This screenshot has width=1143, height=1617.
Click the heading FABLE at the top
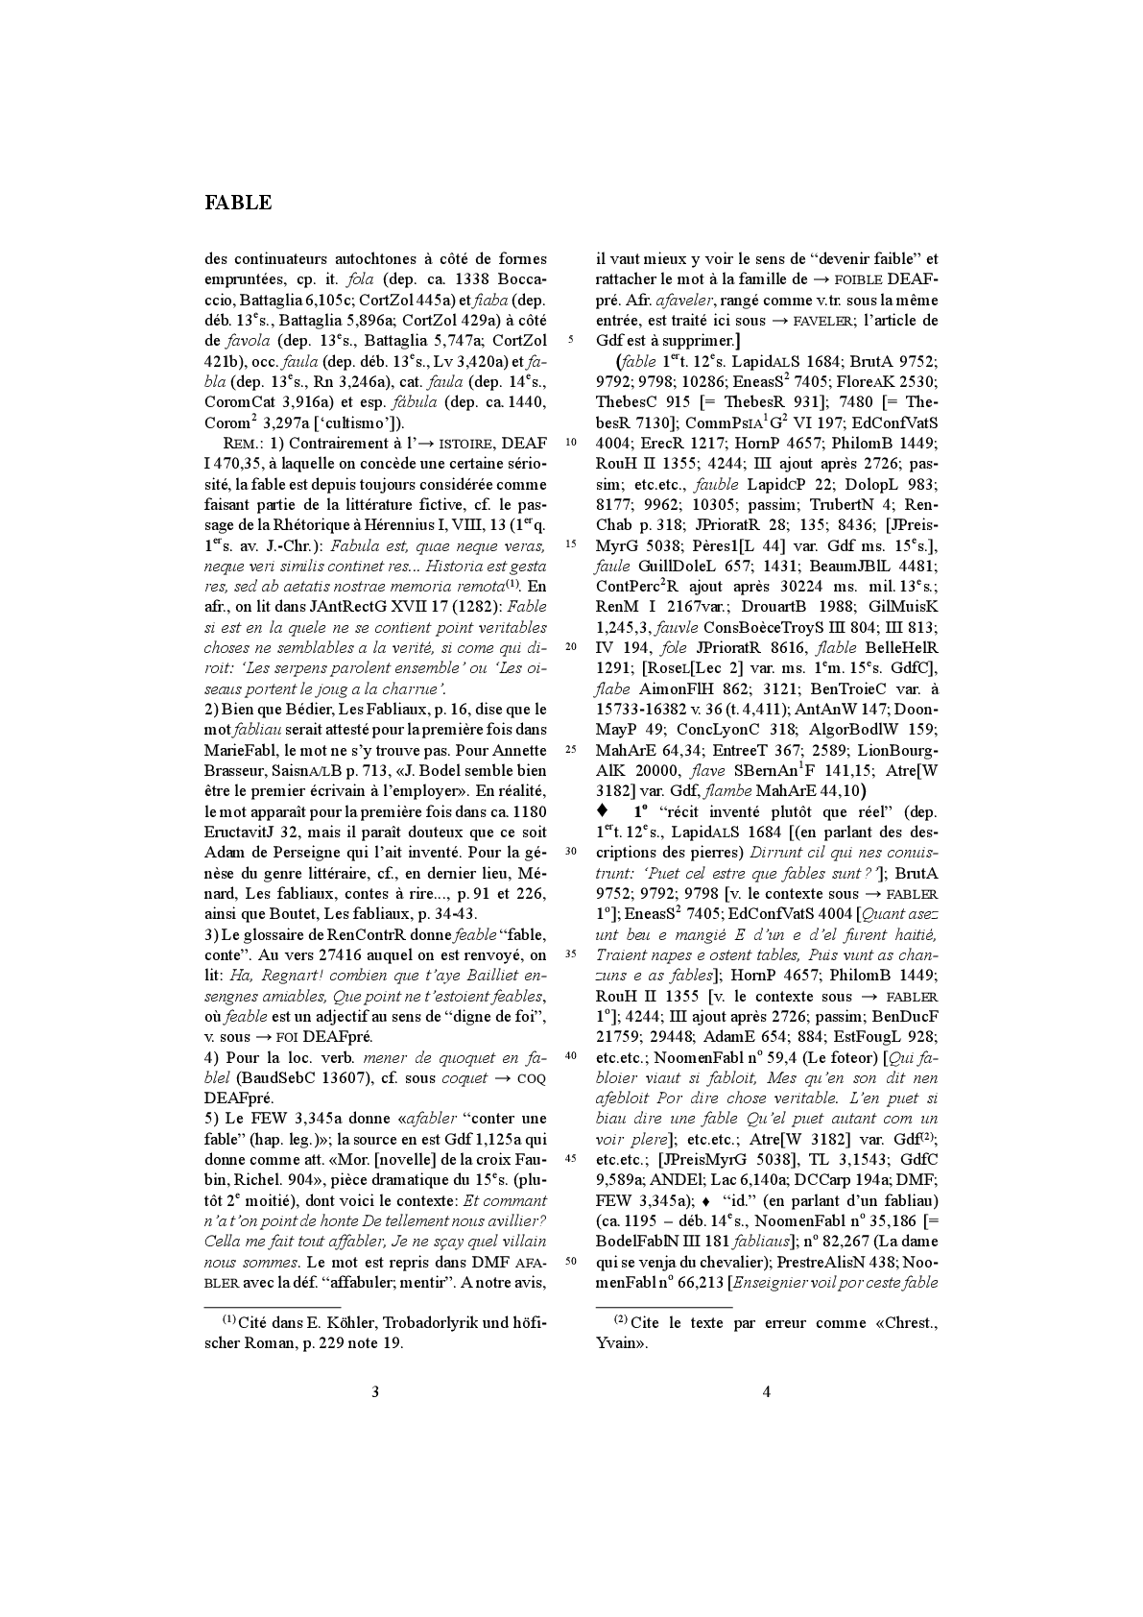pyautogui.click(x=238, y=203)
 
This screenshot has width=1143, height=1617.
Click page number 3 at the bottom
pyautogui.click(x=375, y=1391)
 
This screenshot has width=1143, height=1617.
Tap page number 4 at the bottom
pyautogui.click(x=766, y=1391)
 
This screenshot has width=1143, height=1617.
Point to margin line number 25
pyautogui.click(x=570, y=750)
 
